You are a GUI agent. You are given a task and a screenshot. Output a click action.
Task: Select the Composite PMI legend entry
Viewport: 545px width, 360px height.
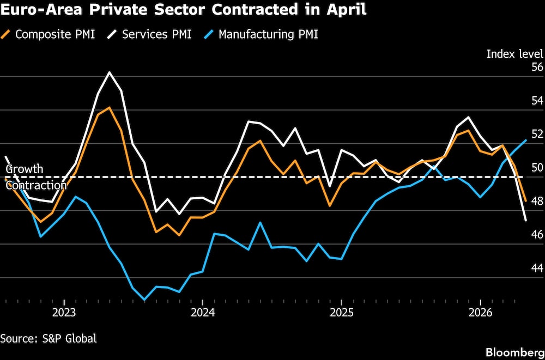point(50,34)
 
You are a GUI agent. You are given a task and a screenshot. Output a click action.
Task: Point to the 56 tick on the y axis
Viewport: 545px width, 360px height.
point(537,68)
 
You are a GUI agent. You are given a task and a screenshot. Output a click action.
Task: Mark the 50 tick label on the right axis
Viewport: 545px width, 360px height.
point(537,168)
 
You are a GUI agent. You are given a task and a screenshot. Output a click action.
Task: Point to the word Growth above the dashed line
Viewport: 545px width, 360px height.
point(24,169)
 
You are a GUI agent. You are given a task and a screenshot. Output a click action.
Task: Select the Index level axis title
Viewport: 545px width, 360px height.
point(514,53)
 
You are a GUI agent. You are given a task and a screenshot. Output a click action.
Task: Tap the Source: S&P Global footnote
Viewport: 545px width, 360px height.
point(49,338)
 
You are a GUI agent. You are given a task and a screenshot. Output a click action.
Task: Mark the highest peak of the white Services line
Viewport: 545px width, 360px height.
point(110,72)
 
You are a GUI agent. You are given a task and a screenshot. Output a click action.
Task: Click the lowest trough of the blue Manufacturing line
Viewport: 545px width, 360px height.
point(144,300)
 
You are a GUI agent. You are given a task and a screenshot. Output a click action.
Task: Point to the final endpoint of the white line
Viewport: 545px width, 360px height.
point(525,221)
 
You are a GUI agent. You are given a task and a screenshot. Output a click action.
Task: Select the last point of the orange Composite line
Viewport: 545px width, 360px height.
point(525,201)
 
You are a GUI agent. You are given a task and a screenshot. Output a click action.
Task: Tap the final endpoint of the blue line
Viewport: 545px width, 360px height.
point(525,140)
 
